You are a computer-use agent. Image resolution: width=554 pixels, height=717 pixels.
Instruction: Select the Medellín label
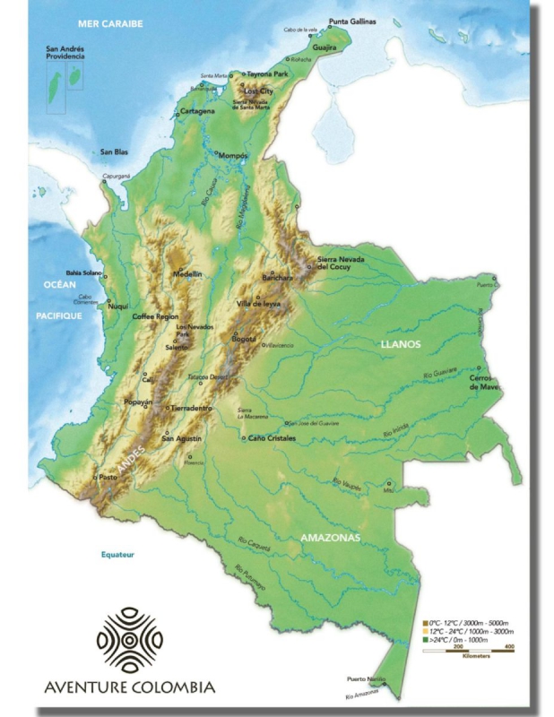[187, 273]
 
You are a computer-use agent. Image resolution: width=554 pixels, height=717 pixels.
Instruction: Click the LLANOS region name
[400, 344]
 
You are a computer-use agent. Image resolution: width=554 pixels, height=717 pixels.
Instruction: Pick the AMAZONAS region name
[330, 537]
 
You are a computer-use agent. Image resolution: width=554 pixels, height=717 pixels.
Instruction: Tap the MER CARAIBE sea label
[111, 23]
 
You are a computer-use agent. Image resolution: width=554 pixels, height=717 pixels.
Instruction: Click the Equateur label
[116, 555]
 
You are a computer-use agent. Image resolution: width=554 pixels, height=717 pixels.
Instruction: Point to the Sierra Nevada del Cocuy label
[342, 263]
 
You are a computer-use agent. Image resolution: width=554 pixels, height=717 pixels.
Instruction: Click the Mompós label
[233, 154]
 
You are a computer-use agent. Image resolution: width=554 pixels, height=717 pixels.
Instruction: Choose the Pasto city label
[108, 477]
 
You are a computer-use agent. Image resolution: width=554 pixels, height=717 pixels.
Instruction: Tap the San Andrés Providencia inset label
[65, 52]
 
